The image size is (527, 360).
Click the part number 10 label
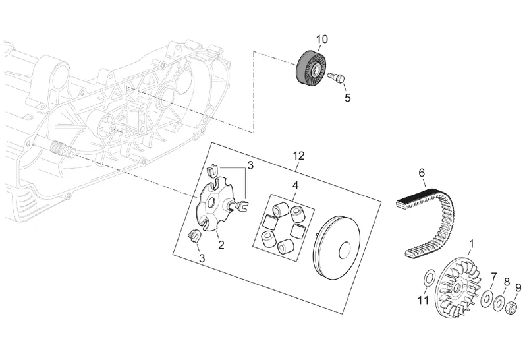point(321,39)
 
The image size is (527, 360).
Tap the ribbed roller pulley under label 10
point(311,68)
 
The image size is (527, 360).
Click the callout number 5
point(347,98)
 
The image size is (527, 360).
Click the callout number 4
point(296,185)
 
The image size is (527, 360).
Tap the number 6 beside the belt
point(422,174)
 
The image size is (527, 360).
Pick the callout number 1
point(471,244)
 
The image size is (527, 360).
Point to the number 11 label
point(423,301)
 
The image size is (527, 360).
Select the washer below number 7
point(488,299)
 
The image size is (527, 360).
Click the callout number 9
point(518,287)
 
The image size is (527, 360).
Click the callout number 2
point(221,245)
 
